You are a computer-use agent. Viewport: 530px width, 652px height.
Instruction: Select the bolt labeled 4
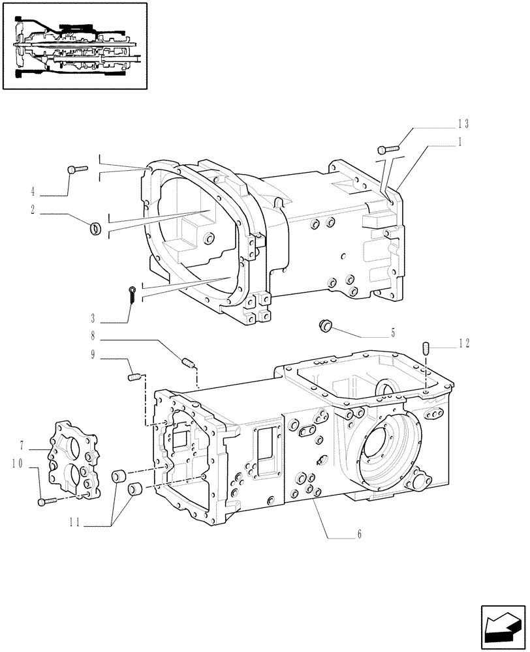click(x=76, y=169)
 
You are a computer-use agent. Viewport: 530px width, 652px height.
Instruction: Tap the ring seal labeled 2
click(x=95, y=228)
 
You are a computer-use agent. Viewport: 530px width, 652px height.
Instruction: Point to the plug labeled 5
click(x=325, y=324)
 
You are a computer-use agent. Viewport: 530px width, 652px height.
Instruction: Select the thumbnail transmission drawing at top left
click(x=75, y=46)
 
